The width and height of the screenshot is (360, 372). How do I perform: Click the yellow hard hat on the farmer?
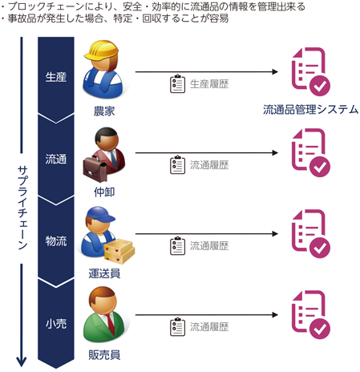pos(101,51)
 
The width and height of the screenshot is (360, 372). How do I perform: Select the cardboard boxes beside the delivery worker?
pos(119,251)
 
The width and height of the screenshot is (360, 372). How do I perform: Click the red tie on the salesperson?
pos(111,325)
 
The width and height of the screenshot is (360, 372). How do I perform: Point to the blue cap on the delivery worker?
pos(101,215)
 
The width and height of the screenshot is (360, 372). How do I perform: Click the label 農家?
pos(104,111)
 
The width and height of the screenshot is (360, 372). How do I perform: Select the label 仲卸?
pos(104,192)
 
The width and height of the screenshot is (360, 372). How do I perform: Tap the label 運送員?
pos(104,273)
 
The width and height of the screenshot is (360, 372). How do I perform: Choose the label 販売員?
pos(104,355)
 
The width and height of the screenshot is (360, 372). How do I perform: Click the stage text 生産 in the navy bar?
pos(56,77)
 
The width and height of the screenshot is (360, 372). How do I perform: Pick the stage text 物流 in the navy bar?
pos(56,241)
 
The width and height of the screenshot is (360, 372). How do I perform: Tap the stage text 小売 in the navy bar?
pos(56,324)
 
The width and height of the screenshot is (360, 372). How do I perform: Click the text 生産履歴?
pos(209,84)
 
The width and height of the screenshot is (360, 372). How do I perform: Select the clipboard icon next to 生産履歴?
pos(177,84)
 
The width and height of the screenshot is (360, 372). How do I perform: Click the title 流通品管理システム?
pos(310,110)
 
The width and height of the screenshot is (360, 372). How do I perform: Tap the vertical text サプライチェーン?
pos(22,208)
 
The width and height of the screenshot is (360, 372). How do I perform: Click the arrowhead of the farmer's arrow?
pos(275,71)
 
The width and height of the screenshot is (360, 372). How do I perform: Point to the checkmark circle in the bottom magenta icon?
pos(320,329)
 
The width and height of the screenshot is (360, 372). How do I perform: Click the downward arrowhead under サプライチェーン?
pos(22,362)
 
